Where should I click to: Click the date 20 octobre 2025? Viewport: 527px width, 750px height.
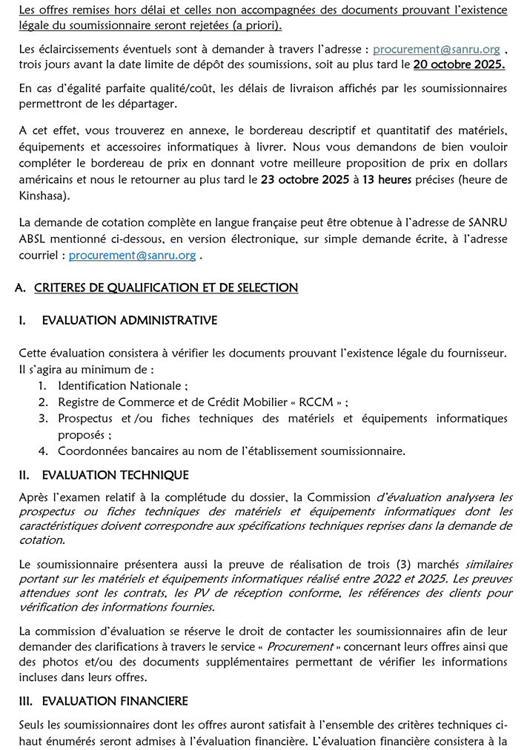tap(460, 64)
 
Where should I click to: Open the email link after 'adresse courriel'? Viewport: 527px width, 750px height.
tap(132, 255)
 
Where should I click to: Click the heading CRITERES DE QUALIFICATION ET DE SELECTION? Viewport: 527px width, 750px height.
tap(166, 288)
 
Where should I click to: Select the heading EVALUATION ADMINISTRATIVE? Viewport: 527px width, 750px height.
tap(130, 320)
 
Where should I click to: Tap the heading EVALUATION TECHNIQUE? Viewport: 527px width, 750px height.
tap(115, 475)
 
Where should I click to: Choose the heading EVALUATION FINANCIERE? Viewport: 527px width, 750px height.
tap(115, 700)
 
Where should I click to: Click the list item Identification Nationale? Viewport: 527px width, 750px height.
tap(119, 385)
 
